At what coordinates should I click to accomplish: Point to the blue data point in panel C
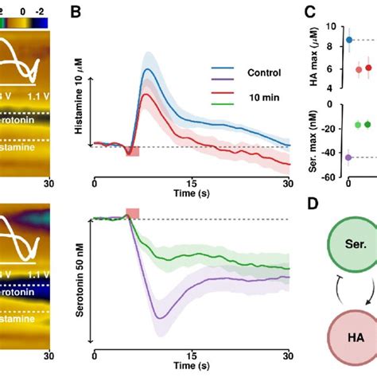(x=348, y=40)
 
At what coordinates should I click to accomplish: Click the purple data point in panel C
(x=348, y=157)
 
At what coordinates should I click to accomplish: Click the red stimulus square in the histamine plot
(x=133, y=150)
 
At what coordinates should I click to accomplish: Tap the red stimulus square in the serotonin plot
(x=133, y=212)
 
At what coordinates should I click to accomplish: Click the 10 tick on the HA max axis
(x=331, y=26)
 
